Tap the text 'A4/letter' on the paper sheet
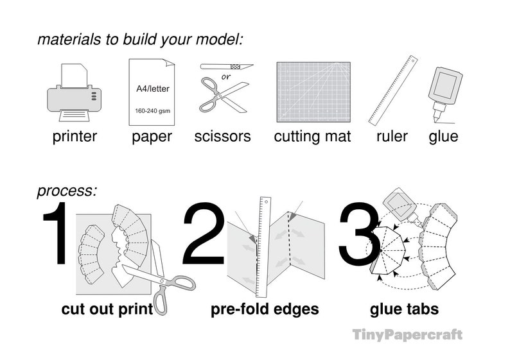pyautogui.click(x=152, y=89)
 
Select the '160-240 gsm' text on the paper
pyautogui.click(x=152, y=111)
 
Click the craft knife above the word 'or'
pyautogui.click(x=226, y=67)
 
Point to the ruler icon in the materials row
pyautogui.click(x=392, y=89)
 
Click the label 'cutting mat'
pyautogui.click(x=312, y=136)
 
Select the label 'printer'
pyautogui.click(x=75, y=136)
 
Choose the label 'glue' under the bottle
pyautogui.click(x=443, y=136)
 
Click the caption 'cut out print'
pyautogui.click(x=107, y=309)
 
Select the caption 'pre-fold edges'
pyautogui.click(x=265, y=309)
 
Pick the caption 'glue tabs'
pyautogui.click(x=404, y=309)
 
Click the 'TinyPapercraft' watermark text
pyautogui.click(x=407, y=334)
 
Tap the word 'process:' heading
pyautogui.click(x=67, y=191)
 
